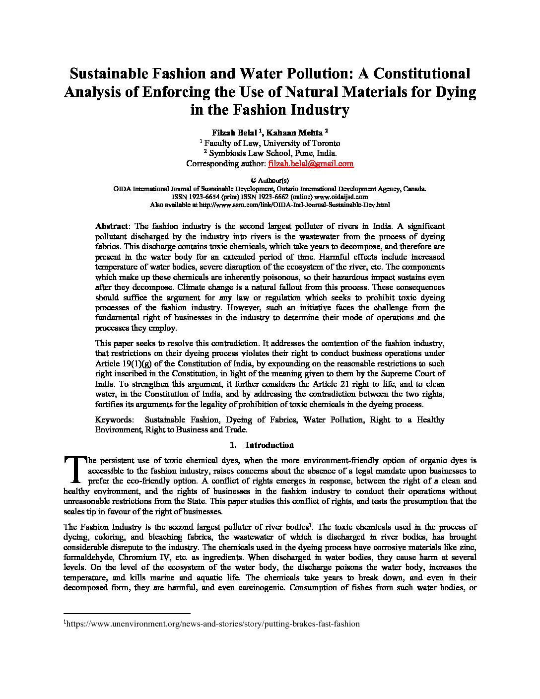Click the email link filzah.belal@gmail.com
311,163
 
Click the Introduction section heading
269,445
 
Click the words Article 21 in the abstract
331,384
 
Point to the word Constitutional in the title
421,73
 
